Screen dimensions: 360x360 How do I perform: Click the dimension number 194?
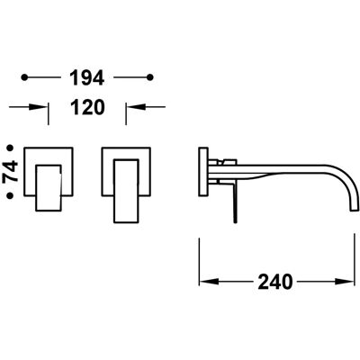[87, 77]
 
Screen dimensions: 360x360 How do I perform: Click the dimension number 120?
[87, 107]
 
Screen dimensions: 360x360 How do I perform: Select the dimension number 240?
[274, 282]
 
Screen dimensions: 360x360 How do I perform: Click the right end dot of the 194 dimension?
[150, 77]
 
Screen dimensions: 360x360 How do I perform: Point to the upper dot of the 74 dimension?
[11, 148]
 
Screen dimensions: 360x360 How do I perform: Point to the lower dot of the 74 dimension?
[11, 195]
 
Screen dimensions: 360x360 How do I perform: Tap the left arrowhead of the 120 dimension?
[39, 107]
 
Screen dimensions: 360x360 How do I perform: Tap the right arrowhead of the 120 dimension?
[136, 107]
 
